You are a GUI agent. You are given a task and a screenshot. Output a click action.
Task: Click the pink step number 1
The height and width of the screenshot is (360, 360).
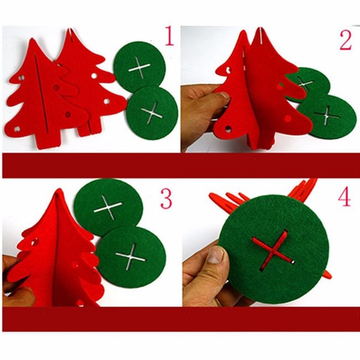[x=169, y=35]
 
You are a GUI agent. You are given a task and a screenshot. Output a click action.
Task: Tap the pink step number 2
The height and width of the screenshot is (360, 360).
[x=346, y=40]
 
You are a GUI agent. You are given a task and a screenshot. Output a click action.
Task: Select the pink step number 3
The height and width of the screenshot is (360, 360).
[x=166, y=198]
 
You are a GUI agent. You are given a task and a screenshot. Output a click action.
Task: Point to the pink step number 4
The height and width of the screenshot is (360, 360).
[x=344, y=196]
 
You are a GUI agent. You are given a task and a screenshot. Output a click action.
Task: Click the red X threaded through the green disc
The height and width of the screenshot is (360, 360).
[x=272, y=250]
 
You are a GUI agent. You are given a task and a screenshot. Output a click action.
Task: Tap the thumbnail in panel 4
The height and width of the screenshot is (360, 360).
[x=216, y=255]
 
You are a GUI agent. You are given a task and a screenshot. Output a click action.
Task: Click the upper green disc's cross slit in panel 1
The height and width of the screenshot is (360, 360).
[x=140, y=68]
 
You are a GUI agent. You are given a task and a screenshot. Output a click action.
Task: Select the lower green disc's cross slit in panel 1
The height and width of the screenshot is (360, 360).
[x=152, y=113]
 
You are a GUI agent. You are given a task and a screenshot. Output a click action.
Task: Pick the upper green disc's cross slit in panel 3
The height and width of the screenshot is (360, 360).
[x=108, y=207]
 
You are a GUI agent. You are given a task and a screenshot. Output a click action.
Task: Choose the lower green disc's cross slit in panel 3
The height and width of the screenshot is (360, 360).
[x=130, y=256]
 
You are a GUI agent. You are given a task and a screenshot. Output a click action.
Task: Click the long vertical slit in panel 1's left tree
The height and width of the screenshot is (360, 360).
[x=41, y=94]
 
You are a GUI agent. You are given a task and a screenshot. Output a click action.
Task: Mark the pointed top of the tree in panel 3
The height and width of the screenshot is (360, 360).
[x=59, y=190]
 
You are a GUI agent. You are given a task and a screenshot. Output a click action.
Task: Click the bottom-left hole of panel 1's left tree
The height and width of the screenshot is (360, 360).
[x=17, y=129]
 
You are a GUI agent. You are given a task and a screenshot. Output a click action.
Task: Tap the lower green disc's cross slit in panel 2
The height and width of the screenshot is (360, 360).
[x=327, y=115]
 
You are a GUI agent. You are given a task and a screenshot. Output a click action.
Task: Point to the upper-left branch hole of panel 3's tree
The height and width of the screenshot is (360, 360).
[x=34, y=241]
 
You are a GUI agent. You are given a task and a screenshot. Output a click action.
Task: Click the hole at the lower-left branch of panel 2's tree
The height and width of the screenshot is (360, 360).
[x=228, y=129]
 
